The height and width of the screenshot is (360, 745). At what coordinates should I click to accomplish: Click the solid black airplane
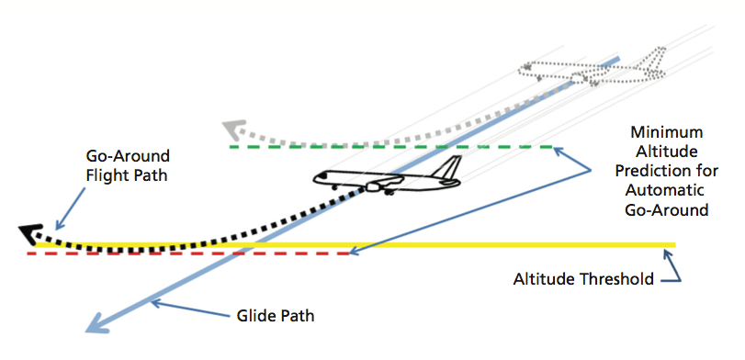point(386,179)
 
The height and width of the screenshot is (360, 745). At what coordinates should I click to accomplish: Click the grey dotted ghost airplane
point(588,70)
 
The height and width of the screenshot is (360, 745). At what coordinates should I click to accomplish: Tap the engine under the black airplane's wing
point(374,187)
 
